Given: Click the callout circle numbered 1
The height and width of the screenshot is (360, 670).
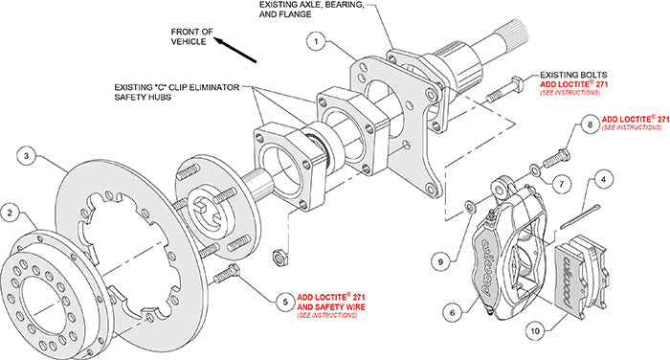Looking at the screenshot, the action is point(316,41).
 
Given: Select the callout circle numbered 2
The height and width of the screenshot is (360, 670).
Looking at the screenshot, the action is point(11,213).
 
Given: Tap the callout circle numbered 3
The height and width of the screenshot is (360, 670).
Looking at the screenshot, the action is point(27,156).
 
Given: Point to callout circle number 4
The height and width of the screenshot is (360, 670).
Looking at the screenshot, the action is point(603,180).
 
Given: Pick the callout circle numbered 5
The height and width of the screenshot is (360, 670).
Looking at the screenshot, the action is point(285,302).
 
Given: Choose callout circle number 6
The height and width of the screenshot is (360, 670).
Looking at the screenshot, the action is point(453,312).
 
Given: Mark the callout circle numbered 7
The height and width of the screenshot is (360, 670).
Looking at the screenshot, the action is point(561,184).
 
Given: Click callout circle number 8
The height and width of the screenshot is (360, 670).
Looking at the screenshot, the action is point(591,124).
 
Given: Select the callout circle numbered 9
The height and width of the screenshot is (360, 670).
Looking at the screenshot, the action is point(440,261).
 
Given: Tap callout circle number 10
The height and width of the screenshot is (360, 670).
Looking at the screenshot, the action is point(535,331).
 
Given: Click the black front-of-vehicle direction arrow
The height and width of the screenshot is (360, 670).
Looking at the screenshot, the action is point(234,50).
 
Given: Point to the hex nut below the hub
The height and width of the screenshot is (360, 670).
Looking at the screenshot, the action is point(280,257).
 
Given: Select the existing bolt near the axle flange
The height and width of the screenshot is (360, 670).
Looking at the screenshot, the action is point(503,90).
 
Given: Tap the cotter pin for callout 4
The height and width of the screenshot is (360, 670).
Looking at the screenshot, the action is point(581,216).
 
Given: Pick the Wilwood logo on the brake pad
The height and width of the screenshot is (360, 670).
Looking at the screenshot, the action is point(567,281).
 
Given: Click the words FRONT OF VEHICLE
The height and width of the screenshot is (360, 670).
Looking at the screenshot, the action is point(191,36).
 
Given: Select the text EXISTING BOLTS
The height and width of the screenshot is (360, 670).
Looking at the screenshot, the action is point(573,75).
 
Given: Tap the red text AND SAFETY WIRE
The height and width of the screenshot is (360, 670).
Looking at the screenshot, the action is point(331,307).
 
